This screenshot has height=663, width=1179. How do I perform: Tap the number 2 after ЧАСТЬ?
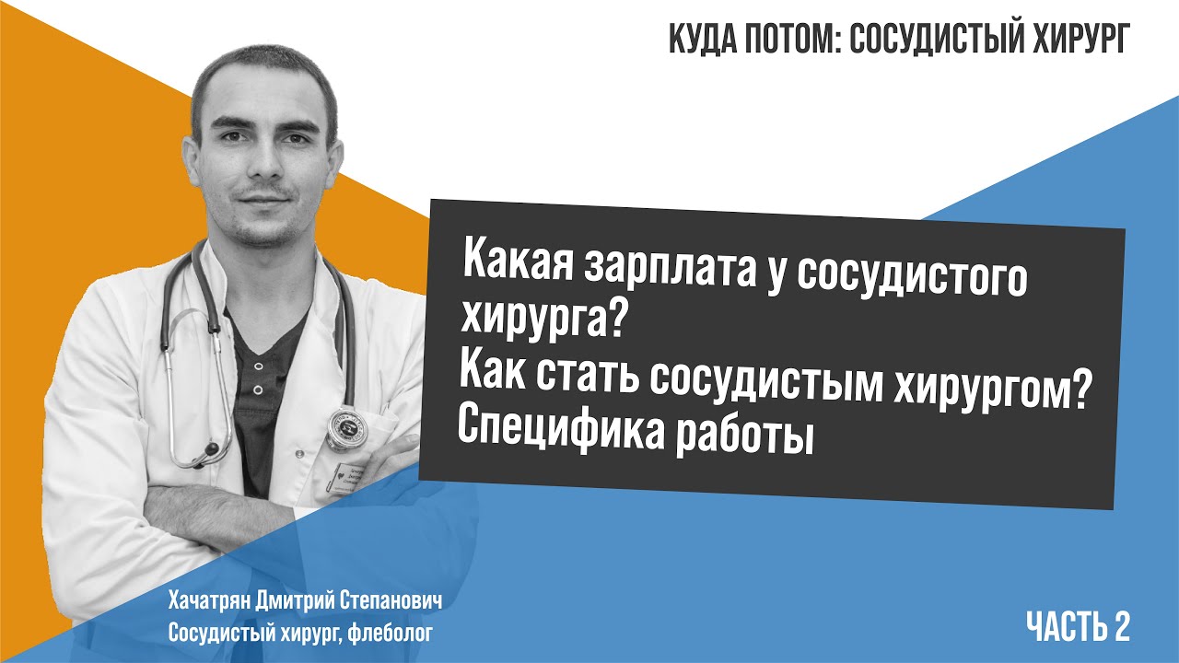1120,626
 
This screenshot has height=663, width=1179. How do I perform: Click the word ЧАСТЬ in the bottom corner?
1065,626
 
